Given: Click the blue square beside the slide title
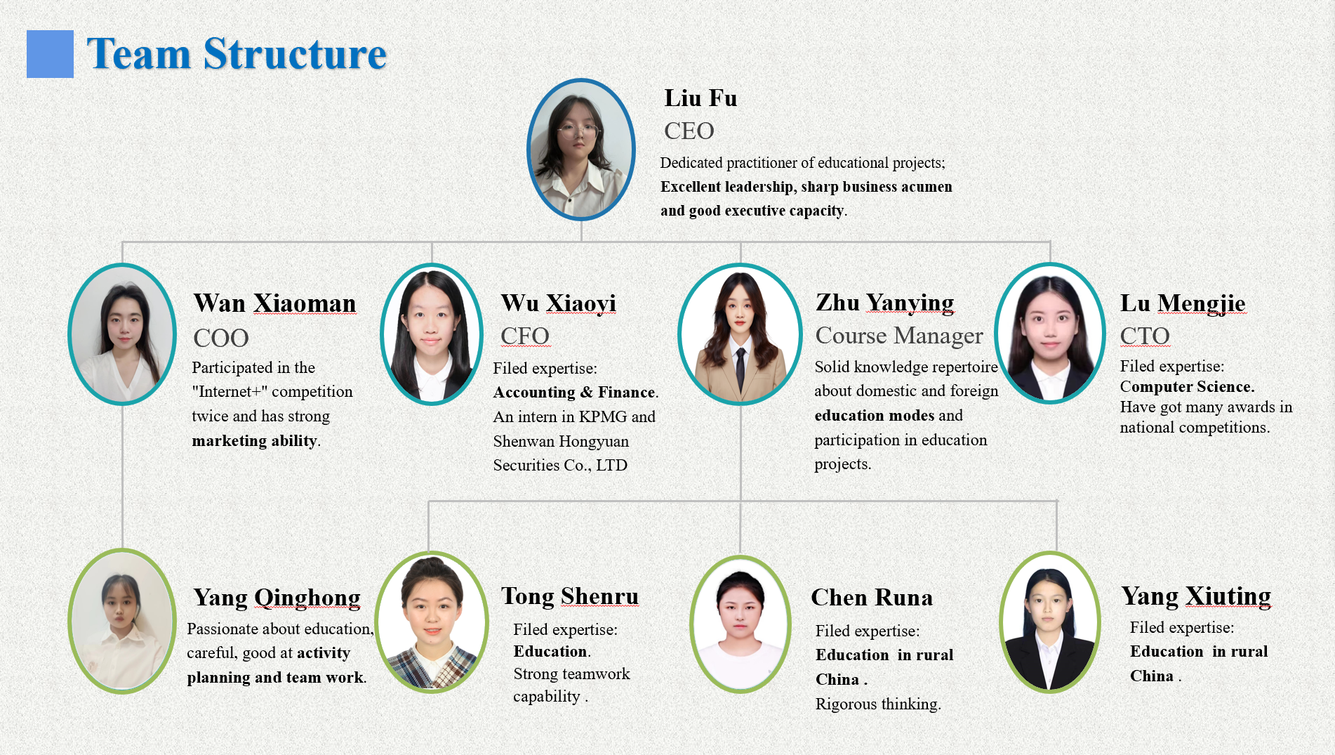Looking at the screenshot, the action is (x=50, y=53).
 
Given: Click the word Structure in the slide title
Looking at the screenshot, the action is (x=295, y=54).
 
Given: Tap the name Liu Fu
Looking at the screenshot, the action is (x=700, y=98).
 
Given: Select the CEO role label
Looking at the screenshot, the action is (x=689, y=131).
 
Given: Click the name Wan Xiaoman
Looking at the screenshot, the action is (x=275, y=303).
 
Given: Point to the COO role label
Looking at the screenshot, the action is (x=221, y=338).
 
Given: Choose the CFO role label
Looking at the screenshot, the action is (x=525, y=336).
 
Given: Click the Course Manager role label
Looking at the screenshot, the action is (x=899, y=336).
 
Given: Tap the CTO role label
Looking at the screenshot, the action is (x=1145, y=336).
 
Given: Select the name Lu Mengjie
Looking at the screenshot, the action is (x=1183, y=303).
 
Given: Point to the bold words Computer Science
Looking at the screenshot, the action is (x=1187, y=387).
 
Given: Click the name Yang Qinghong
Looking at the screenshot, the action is (x=277, y=598).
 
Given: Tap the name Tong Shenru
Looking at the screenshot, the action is (x=570, y=596).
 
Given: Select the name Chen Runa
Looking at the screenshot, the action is (x=872, y=598).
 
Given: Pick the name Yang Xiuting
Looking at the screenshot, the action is (x=1196, y=596).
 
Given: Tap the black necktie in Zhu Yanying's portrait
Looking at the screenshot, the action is (x=740, y=369).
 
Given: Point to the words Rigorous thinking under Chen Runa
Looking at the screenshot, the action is (x=878, y=704).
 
